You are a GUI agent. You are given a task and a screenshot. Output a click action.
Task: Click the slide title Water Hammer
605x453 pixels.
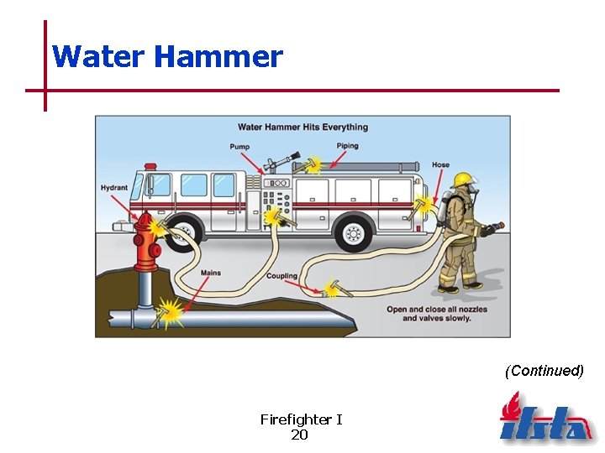point(167,57)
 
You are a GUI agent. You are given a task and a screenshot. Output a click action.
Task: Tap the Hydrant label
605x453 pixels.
point(113,188)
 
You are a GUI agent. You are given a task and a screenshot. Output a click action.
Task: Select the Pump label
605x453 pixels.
point(239,147)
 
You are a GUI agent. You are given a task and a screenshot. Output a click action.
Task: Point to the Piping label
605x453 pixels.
point(347,146)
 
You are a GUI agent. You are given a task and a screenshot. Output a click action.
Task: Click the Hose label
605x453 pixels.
point(440,164)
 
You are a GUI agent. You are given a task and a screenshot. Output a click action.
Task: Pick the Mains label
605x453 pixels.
point(211,273)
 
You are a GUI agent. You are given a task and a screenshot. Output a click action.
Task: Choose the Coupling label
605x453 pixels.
point(281,276)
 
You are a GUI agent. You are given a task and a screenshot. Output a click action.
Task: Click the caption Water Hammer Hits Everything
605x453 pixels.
point(302,128)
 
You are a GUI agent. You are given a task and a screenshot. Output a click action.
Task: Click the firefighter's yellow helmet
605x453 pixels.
point(462,180)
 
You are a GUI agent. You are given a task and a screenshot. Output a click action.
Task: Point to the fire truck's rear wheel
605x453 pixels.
point(355,232)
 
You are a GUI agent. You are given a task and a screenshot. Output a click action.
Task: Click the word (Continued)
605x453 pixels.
point(544,371)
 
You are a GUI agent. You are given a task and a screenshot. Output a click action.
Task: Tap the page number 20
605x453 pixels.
point(300,435)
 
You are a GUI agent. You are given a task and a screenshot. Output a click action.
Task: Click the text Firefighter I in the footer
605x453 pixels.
point(301,419)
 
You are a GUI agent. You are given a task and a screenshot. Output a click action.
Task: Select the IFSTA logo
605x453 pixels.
point(545,419)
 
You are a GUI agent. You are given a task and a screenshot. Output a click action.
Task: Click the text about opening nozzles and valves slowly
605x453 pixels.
point(438,314)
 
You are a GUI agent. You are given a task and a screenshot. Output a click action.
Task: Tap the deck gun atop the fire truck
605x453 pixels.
point(280,159)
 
